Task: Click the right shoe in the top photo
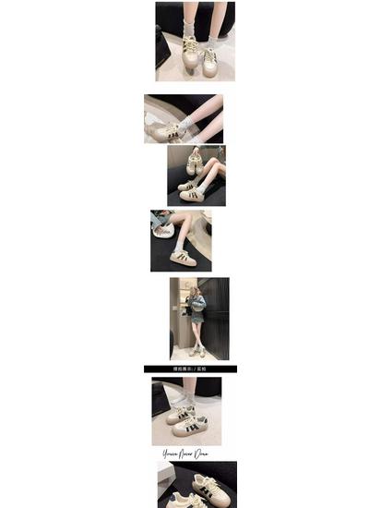[x=209, y=62]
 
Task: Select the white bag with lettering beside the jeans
[x=161, y=224]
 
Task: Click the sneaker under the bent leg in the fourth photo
[x=184, y=257]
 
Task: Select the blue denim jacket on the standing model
[x=196, y=309]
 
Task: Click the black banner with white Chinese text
[x=190, y=369]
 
